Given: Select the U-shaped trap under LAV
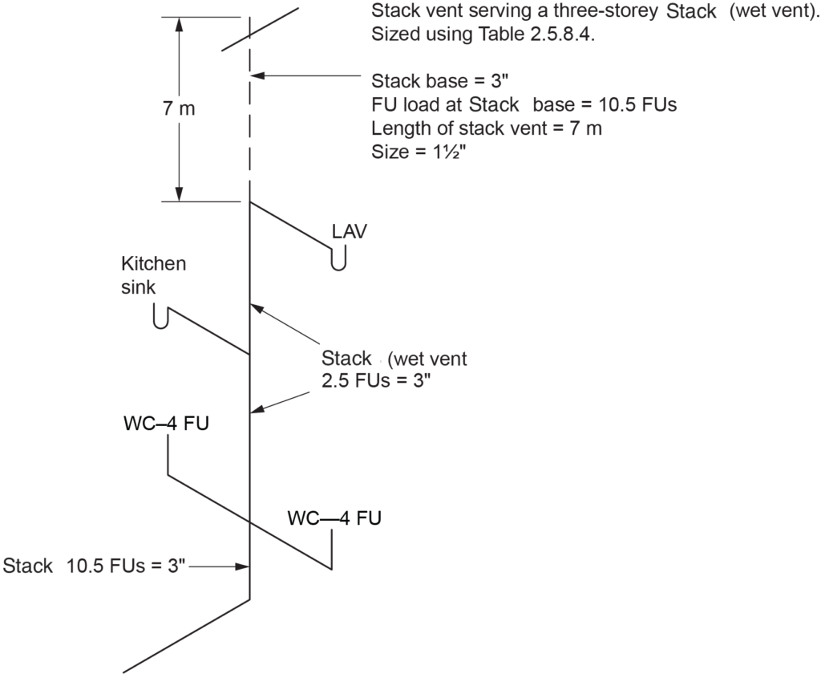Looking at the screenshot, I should [x=338, y=260].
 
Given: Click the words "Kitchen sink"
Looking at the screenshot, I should [x=153, y=275].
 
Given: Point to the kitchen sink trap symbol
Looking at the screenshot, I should [x=160, y=318].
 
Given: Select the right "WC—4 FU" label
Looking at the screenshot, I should [x=334, y=518].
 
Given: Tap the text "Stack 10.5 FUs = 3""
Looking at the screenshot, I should [x=95, y=566].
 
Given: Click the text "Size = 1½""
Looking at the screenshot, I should [x=419, y=152].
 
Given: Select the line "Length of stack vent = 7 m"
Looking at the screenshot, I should [x=487, y=128].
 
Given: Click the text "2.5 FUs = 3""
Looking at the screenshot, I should [x=377, y=380].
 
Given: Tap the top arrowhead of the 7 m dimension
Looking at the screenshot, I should [x=180, y=24].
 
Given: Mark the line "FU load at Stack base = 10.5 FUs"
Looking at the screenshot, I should [x=524, y=105].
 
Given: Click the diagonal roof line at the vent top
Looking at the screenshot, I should [x=261, y=29].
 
